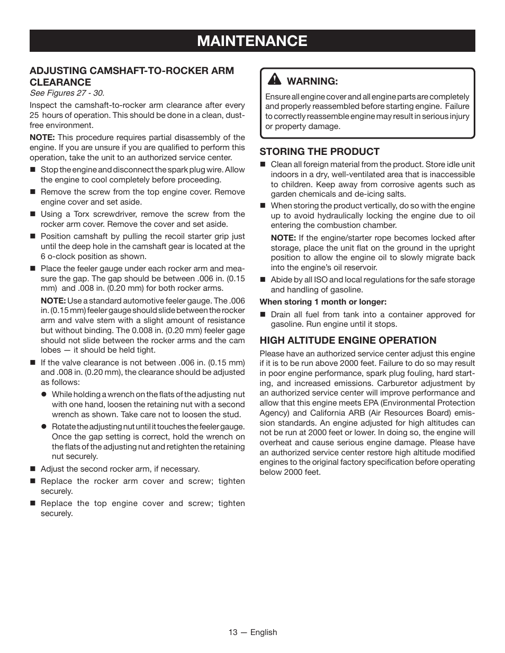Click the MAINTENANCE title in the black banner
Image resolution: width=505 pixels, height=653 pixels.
coord(252,41)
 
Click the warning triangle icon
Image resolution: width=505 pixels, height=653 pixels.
coord(274,80)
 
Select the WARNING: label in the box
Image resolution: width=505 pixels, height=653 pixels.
coord(312,81)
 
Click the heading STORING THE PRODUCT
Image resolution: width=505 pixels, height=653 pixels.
coord(319,151)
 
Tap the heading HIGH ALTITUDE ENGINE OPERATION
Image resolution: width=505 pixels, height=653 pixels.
coord(348,340)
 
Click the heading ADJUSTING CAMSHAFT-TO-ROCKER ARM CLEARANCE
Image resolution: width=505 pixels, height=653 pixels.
coord(131,76)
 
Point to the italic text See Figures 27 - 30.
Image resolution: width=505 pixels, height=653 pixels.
coord(67,93)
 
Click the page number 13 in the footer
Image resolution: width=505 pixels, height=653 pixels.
coord(233,632)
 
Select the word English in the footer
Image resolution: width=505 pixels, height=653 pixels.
coord(264,632)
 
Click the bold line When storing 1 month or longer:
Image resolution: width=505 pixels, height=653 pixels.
coord(323,302)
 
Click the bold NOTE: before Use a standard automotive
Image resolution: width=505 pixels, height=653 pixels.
coord(53,300)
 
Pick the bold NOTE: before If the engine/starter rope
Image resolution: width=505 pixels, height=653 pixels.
coord(283,238)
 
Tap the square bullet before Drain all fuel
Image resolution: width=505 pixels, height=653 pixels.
coord(263,315)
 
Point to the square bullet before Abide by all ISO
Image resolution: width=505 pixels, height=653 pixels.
coord(263,280)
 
